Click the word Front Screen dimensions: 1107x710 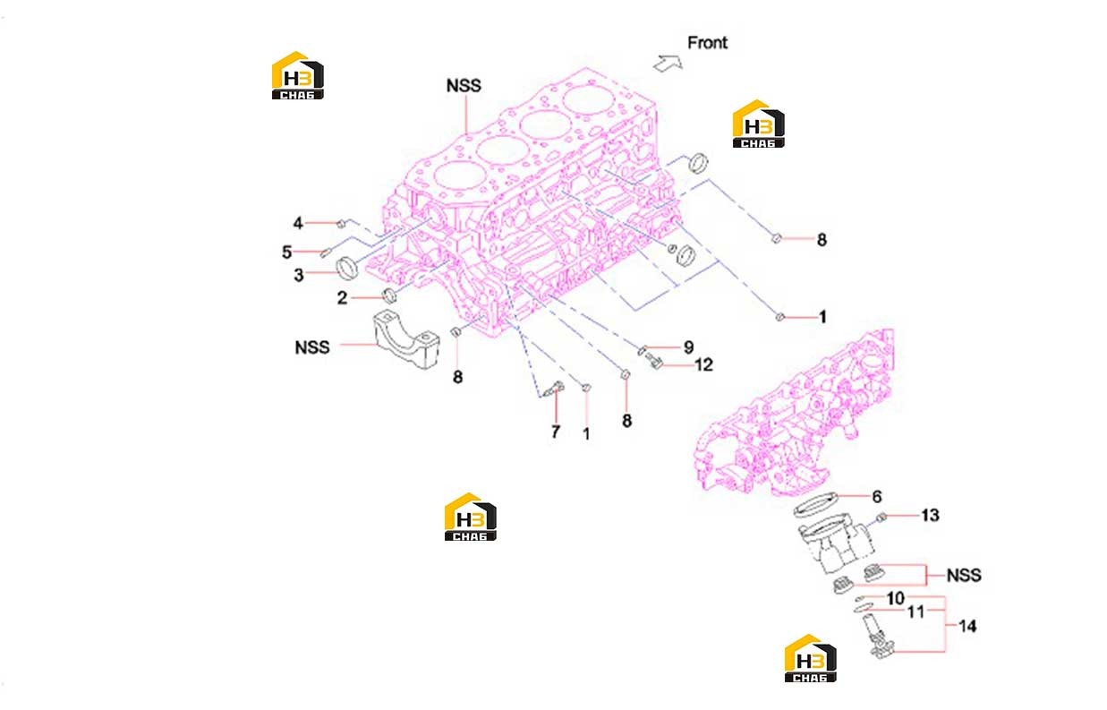coord(707,43)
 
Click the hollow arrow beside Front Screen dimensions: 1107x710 coord(668,64)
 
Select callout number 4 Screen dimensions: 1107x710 coord(298,223)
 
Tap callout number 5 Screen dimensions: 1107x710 coord(286,252)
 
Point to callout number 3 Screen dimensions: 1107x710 coord(299,275)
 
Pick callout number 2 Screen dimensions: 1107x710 coord(342,297)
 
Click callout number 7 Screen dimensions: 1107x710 coord(556,432)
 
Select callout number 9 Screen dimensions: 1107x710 coord(688,347)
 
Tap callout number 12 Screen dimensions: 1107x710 coord(703,365)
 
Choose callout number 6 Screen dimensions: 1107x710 coord(877,496)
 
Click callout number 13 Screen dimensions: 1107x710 coord(930,515)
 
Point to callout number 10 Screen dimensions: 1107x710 coord(896,599)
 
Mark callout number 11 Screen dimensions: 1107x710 coord(915,612)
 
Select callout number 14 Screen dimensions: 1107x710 coord(967,627)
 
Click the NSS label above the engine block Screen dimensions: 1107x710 coord(464,86)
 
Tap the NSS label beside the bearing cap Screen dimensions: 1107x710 coord(311,347)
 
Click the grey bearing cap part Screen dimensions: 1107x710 coord(406,338)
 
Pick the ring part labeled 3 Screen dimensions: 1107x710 coord(346,268)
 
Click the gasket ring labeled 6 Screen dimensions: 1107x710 coord(815,505)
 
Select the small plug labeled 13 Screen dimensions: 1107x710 coord(881,518)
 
